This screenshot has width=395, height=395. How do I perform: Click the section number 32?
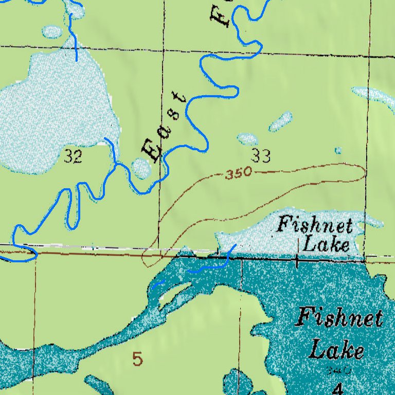pyautogui.click(x=73, y=157)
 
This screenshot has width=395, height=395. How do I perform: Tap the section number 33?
pyautogui.click(x=261, y=155)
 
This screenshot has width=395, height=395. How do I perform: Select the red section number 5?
pyautogui.click(x=137, y=358)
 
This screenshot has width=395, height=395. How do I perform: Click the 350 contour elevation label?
pyautogui.click(x=239, y=173)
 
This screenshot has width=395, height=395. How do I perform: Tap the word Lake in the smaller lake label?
pyautogui.click(x=326, y=244)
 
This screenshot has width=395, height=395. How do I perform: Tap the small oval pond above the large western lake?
pyautogui.click(x=52, y=32)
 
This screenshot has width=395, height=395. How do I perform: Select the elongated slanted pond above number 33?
pyautogui.click(x=281, y=122)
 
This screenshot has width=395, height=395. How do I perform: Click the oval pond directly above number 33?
pyautogui.click(x=247, y=139)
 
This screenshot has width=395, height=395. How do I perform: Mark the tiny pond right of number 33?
pyautogui.click(x=338, y=151)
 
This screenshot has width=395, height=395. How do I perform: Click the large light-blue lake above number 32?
pyautogui.click(x=57, y=111)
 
